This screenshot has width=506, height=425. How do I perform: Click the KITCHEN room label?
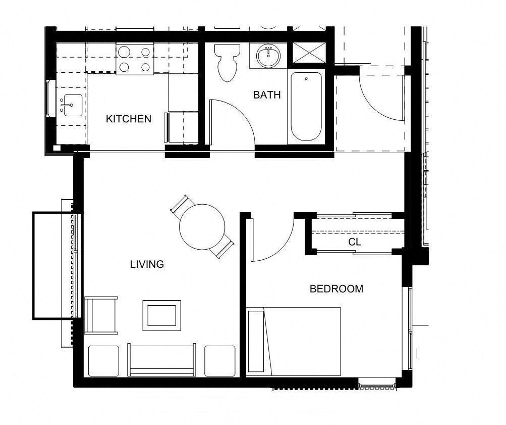click(x=128, y=119)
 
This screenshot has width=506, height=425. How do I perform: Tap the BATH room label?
click(x=266, y=95)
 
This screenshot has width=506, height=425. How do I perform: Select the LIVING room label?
click(x=147, y=264)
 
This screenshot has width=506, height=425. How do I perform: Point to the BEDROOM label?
click(x=336, y=289)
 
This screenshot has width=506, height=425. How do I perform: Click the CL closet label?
click(x=355, y=242)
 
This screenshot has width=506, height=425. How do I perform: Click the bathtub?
click(x=306, y=107)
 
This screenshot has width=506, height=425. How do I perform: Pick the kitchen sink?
click(x=72, y=105)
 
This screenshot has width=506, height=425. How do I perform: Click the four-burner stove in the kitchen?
click(x=135, y=59)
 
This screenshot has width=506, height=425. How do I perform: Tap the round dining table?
click(x=202, y=227)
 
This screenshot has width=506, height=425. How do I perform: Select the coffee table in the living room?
click(x=161, y=315)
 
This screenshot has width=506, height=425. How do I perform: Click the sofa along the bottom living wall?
click(x=161, y=360)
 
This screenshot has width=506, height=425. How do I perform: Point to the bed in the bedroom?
click(x=294, y=341)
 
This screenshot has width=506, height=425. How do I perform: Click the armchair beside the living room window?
click(x=101, y=315)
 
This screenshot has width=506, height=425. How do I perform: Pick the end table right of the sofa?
click(x=219, y=361)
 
